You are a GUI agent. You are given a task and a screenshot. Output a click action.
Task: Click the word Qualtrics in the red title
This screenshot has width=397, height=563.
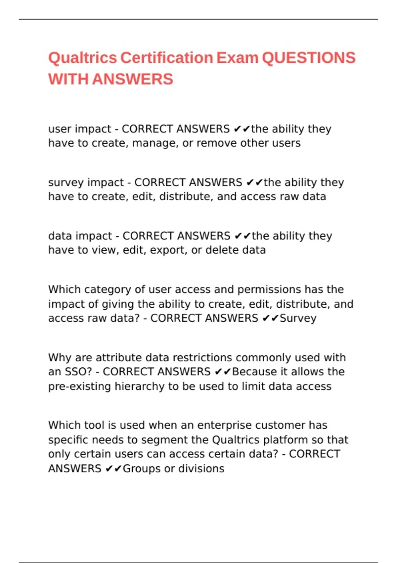(82, 58)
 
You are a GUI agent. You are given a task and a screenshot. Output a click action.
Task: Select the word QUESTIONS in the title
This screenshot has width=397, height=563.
(309, 58)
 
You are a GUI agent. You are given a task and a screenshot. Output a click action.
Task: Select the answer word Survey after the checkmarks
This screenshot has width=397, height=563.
(298, 318)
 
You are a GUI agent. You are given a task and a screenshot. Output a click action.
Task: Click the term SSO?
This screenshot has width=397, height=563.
(78, 372)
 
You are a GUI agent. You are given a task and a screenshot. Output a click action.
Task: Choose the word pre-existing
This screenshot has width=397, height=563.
(79, 386)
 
